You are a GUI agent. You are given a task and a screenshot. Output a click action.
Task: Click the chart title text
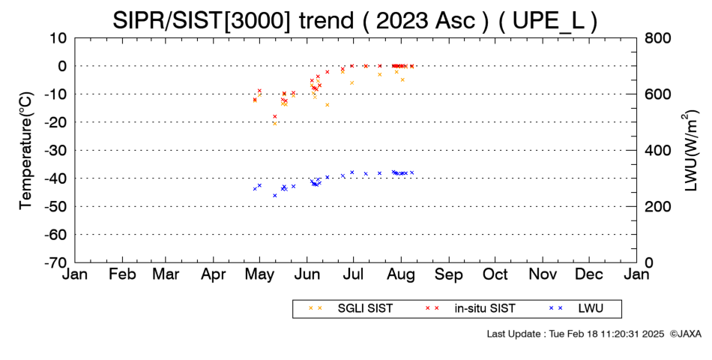pyautogui.click(x=355, y=20)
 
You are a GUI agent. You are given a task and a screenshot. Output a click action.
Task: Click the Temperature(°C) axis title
pyautogui.click(x=26, y=151)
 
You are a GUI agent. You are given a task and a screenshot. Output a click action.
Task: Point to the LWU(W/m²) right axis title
pyautogui.click(x=690, y=151)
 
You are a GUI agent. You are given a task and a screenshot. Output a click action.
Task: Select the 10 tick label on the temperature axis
pyautogui.click(x=58, y=37)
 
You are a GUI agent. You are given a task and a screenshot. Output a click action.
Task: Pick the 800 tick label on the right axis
pyautogui.click(x=658, y=37)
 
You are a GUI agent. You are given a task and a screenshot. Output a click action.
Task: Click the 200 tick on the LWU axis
pyautogui.click(x=658, y=206)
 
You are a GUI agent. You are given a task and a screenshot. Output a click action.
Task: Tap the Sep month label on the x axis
pyautogui.click(x=449, y=274)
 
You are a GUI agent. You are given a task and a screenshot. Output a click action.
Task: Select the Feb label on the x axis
pyautogui.click(x=123, y=274)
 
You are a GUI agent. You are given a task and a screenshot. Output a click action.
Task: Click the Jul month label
pyautogui.click(x=353, y=274)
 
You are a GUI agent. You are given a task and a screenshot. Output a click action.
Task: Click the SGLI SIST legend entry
pyautogui.click(x=351, y=309)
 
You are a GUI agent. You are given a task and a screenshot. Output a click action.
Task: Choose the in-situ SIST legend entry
pyautogui.click(x=471, y=309)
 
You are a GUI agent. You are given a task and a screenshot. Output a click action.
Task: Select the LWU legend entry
pyautogui.click(x=576, y=309)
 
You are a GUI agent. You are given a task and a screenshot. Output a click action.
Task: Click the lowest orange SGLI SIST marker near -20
pyautogui.click(x=275, y=123)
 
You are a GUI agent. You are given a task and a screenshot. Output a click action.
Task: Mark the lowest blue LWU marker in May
pyautogui.click(x=275, y=196)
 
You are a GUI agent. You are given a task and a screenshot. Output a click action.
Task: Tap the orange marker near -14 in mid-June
pyautogui.click(x=327, y=105)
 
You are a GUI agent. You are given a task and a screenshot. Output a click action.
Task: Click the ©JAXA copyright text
pyautogui.click(x=685, y=334)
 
